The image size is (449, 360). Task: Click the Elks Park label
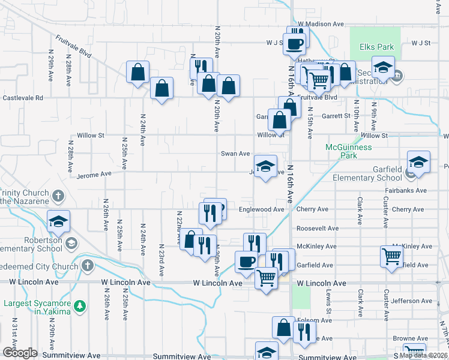click(x=376, y=47)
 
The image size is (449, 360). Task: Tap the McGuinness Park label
click(x=349, y=151)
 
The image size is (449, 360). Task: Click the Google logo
click(x=19, y=353)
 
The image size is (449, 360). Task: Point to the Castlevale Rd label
click(x=23, y=97)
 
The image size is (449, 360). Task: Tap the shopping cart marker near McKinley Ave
click(x=391, y=256)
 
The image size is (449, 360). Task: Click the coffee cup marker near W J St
click(x=294, y=43)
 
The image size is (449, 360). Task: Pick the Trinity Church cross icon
click(x=58, y=196)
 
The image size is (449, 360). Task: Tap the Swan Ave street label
click(x=235, y=154)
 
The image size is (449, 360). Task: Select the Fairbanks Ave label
click(x=406, y=191)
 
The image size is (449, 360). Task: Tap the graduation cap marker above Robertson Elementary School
click(x=58, y=221)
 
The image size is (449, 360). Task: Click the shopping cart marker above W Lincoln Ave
click(x=266, y=277)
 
